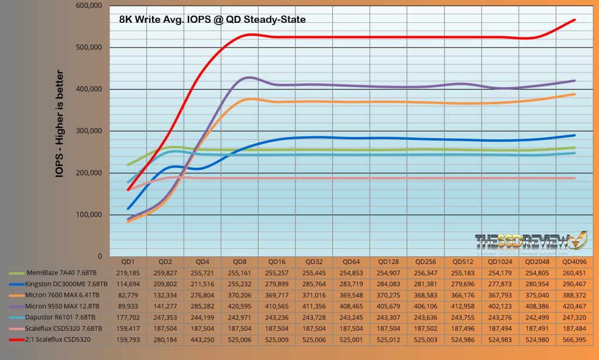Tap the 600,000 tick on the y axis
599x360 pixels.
(x=89, y=6)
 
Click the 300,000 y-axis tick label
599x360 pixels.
(x=89, y=131)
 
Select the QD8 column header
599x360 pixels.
(x=239, y=262)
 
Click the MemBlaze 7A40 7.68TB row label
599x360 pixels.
(x=64, y=273)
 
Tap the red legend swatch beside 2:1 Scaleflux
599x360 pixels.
(x=18, y=337)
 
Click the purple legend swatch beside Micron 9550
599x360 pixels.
(x=18, y=305)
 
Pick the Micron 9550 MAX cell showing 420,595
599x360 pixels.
(x=239, y=305)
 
